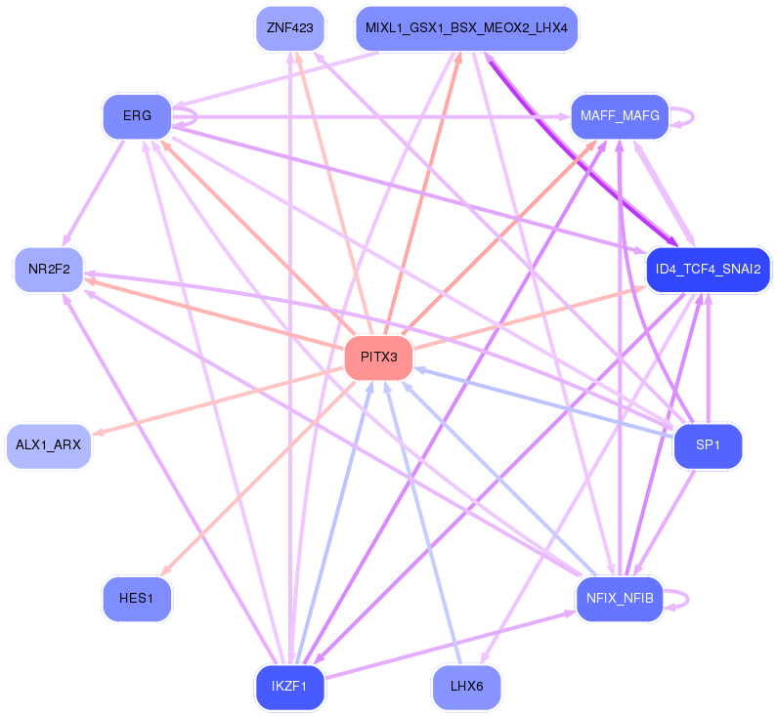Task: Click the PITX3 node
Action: pos(378,357)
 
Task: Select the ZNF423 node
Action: pos(290,27)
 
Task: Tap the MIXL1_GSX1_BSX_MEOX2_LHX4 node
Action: pos(466,27)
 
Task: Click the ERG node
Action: pos(137,116)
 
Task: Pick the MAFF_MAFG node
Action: pos(620,116)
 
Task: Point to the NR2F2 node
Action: pos(49,270)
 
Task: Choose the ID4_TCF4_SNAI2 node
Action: pos(708,270)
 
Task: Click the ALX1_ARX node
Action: pos(49,445)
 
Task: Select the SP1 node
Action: pos(708,445)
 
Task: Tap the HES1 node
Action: pos(137,599)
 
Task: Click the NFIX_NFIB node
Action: pos(620,599)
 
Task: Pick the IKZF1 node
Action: pos(290,687)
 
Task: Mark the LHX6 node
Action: pos(466,687)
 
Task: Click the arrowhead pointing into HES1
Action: pos(166,570)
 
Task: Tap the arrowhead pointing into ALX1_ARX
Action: pos(97,433)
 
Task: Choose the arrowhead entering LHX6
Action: pos(484,658)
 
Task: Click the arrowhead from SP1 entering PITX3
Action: pos(419,369)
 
